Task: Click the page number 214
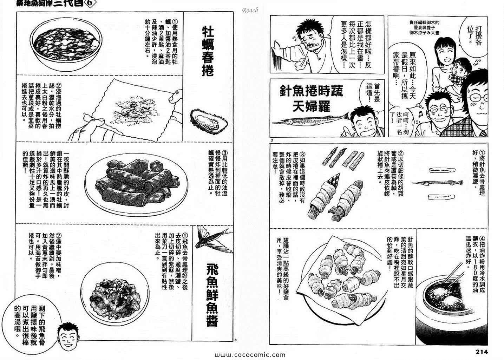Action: pos(482,352)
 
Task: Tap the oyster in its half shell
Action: pos(209,121)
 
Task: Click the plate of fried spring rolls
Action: pos(136,184)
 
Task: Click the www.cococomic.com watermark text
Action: pos(250,355)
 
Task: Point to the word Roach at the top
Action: pos(250,10)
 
